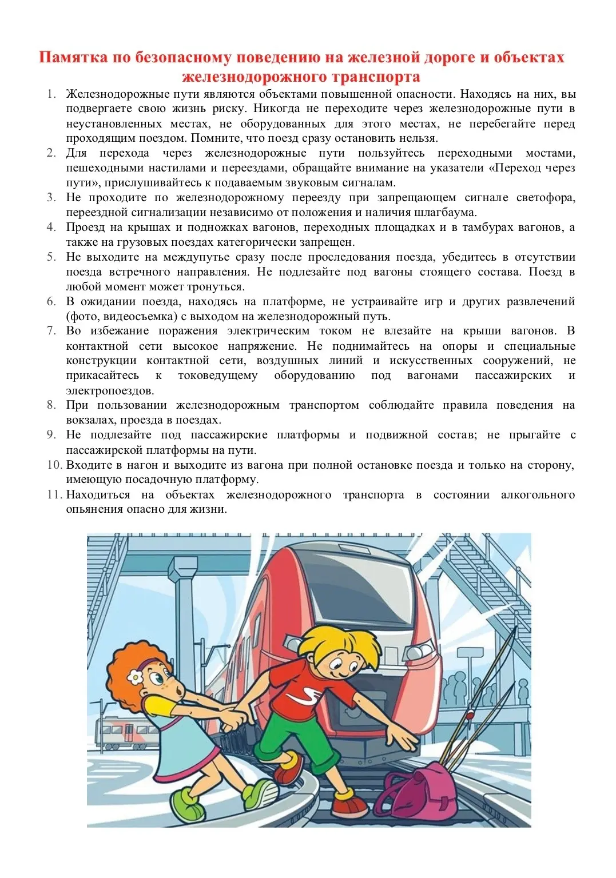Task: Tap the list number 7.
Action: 51,331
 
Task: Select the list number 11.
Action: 54,494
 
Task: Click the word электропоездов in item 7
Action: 109,391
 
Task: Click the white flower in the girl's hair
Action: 136,677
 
